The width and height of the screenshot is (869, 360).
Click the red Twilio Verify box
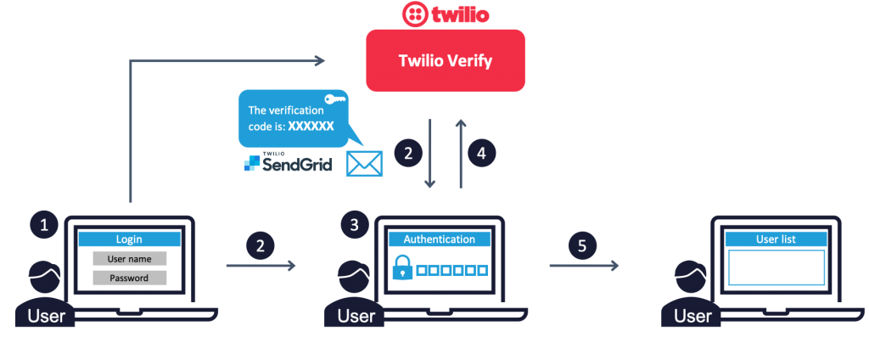coord(445,60)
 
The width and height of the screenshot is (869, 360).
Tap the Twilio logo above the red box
coord(444,14)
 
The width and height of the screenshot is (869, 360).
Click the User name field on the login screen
coord(129,258)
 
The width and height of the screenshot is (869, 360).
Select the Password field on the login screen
coord(129,278)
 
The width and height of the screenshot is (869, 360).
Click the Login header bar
coord(129,239)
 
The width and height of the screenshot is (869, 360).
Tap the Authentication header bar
coord(439,239)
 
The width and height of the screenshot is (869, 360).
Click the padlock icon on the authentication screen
coord(401,270)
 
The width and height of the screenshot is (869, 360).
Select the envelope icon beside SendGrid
coord(364,163)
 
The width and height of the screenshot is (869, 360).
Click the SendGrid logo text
coord(289,162)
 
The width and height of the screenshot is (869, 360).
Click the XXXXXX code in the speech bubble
coord(311,126)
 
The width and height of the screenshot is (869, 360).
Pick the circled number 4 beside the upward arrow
coord(481,154)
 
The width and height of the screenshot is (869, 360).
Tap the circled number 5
coord(581,246)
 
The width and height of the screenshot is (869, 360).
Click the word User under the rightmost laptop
coord(692,316)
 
